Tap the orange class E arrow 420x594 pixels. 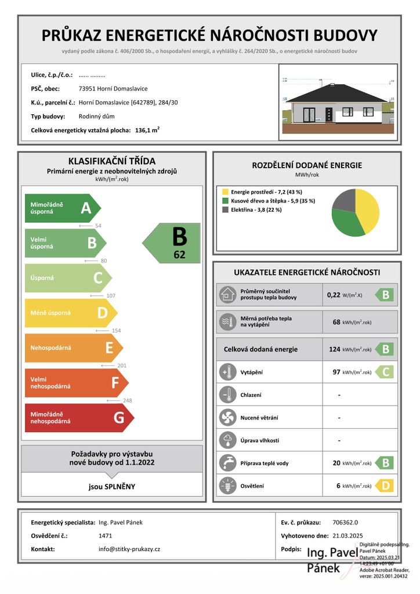73,348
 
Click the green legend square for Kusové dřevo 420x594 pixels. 225,201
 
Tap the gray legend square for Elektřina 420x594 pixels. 225,210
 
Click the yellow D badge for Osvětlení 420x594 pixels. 385,486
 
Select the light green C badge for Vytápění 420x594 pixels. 385,372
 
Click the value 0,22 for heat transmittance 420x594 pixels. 334,295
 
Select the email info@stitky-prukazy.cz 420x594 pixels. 129,549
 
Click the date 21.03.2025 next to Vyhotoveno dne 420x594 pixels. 348,535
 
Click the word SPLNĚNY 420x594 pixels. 121,487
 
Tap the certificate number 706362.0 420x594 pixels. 346,522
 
